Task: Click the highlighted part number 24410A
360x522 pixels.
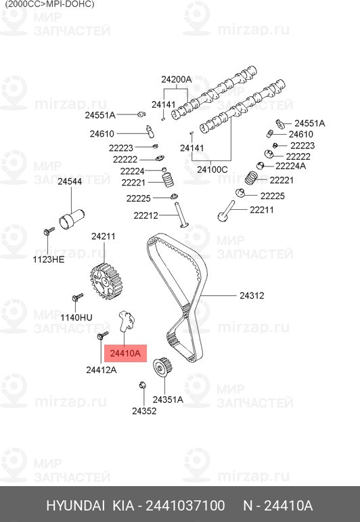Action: [x=125, y=353]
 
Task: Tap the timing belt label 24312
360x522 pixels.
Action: [x=252, y=296]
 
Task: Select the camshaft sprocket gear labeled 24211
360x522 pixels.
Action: [x=107, y=282]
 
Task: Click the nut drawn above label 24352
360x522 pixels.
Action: [x=143, y=385]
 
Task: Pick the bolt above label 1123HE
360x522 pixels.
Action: [x=49, y=231]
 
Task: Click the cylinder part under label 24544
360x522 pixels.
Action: [x=72, y=219]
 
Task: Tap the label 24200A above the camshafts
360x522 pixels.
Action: [x=177, y=80]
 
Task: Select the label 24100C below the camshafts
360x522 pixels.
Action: [x=212, y=170]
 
